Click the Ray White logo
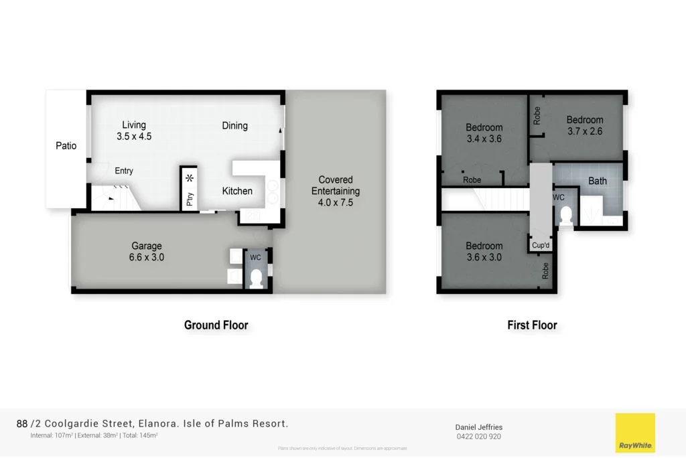(635, 433)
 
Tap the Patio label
(66, 145)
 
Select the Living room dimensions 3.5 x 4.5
(134, 136)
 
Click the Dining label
(234, 125)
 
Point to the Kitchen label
(237, 191)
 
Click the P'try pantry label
(190, 199)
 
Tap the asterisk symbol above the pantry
(190, 178)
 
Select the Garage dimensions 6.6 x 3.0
(147, 257)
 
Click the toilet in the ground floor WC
(256, 279)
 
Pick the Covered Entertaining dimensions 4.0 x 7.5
(336, 202)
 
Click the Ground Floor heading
(216, 325)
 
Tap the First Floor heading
(532, 325)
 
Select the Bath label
(598, 181)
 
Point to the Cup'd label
(541, 245)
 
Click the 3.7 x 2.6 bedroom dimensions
(585, 131)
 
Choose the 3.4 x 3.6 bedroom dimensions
(484, 139)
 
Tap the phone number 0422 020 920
(478, 437)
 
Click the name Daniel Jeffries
(478, 427)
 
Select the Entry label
(124, 171)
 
